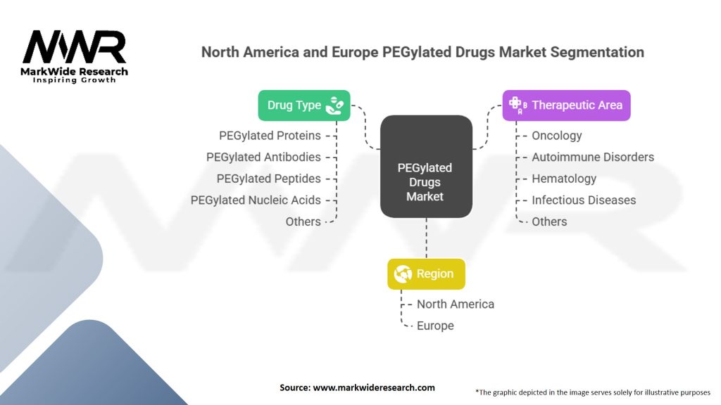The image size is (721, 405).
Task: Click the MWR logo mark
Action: [74, 48]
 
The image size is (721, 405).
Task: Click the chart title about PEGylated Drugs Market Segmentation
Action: [422, 52]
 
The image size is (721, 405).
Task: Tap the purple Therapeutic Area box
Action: [566, 105]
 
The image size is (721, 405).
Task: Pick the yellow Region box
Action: [426, 274]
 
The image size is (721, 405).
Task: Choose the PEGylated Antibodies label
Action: [263, 157]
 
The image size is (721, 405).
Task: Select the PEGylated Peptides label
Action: [268, 179]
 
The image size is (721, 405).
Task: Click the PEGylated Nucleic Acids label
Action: [256, 200]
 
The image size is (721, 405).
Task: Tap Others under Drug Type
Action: [303, 221]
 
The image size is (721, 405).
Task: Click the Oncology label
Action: [556, 136]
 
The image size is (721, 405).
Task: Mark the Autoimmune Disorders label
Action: [593, 157]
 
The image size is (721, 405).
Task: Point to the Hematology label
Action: [563, 179]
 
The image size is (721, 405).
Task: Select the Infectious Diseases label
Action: [584, 200]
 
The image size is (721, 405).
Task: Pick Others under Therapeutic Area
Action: [549, 221]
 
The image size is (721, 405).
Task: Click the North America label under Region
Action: [455, 304]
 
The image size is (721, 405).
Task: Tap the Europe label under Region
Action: [435, 326]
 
